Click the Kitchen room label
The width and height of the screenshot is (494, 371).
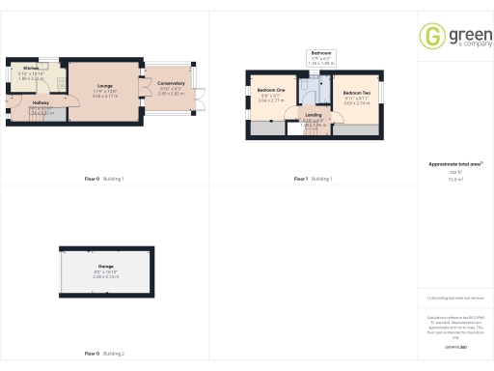pos(17,68)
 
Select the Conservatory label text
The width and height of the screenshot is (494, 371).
pos(171,84)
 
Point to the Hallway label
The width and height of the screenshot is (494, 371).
pos(40,102)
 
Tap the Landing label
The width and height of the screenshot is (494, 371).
pos(313,115)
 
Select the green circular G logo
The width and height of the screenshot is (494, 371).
pos(432,36)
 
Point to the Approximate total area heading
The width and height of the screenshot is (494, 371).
pos(453,164)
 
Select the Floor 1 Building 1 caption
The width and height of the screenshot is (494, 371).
pos(313,179)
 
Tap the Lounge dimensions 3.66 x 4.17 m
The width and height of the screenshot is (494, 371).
pos(103,96)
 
